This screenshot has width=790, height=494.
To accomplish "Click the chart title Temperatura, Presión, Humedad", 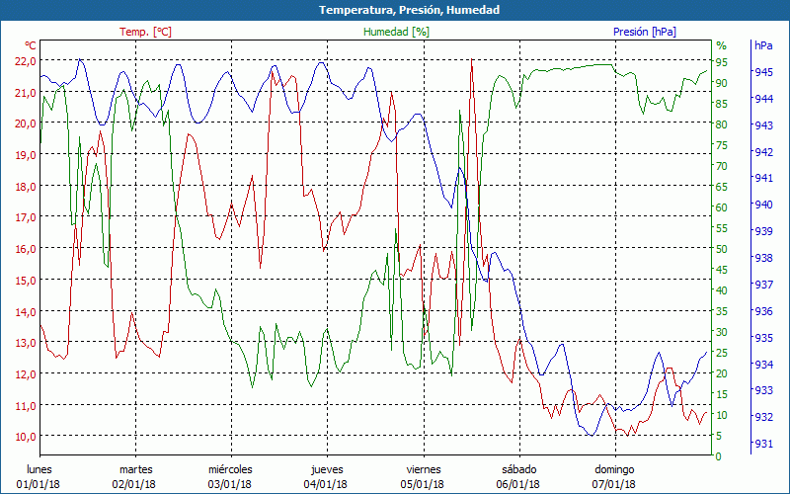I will (395, 10).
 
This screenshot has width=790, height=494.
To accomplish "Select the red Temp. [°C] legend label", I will (145, 32).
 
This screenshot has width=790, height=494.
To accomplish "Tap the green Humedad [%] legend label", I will (396, 32).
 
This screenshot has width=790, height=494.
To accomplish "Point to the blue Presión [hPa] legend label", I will (644, 32).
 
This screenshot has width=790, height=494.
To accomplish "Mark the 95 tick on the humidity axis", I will (721, 61).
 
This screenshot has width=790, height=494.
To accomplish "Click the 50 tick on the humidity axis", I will (721, 249).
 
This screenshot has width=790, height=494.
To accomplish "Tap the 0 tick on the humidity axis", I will (718, 456).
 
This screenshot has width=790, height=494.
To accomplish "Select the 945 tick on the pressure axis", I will (764, 72).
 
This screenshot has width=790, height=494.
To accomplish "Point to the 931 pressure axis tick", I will (764, 443).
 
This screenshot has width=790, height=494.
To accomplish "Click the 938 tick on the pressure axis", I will (764, 258).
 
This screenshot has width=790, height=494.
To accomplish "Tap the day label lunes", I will (39, 469).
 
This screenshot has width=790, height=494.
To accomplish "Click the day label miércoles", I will (230, 469).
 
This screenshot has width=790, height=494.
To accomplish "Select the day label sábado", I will (518, 469).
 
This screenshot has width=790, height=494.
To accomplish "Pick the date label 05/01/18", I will (422, 484).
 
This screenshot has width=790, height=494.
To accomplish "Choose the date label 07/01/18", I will (613, 484).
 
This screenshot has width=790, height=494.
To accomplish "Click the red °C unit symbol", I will (30, 45).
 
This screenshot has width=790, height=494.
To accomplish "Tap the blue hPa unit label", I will (763, 45).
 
